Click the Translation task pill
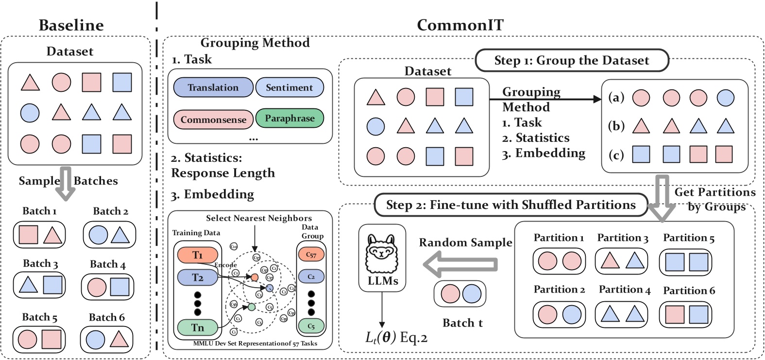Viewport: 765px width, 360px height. pyautogui.click(x=213, y=87)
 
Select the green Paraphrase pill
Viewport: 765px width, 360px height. pyautogui.click(x=289, y=118)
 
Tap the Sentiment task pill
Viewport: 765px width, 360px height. pyautogui.click(x=289, y=87)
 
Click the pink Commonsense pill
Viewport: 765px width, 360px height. pyautogui.click(x=213, y=120)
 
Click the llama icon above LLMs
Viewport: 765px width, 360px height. pyautogui.click(x=382, y=253)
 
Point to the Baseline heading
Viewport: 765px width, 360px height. pyautogui.click(x=71, y=25)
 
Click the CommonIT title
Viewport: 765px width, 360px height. pyautogui.click(x=459, y=25)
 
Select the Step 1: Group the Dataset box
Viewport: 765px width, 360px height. pyautogui.click(x=572, y=60)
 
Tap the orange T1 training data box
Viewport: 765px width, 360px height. pyautogui.click(x=197, y=255)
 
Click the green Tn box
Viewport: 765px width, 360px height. pyautogui.click(x=197, y=327)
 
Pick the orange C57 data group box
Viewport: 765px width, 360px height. pyautogui.click(x=311, y=254)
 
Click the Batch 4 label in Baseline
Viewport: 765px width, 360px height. pyautogui.click(x=107, y=264)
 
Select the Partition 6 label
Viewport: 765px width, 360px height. pyautogui.click(x=689, y=291)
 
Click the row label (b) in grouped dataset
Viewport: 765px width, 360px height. pyautogui.click(x=616, y=126)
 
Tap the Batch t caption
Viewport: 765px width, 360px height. pyautogui.click(x=462, y=323)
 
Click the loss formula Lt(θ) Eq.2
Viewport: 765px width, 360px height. pyautogui.click(x=396, y=337)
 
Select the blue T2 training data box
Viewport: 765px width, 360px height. pyautogui.click(x=197, y=277)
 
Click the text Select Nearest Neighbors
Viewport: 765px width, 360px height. pyautogui.click(x=259, y=218)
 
